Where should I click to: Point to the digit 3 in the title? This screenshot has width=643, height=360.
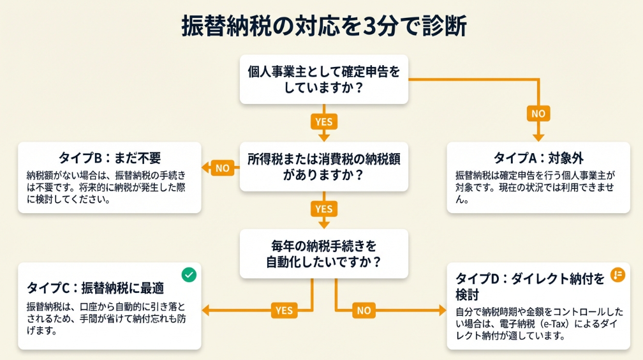pyautogui.click(x=374, y=27)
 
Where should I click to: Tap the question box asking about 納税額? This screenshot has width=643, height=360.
pyautogui.click(x=323, y=167)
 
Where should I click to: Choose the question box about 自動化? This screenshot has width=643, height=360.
pyautogui.click(x=323, y=253)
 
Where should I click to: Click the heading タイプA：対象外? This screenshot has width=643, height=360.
pyautogui.click(x=538, y=158)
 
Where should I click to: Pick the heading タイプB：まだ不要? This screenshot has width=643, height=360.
pyautogui.click(x=110, y=158)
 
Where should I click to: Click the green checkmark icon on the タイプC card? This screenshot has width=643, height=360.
pyautogui.click(x=189, y=274)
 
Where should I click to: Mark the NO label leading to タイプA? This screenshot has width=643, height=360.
pyautogui.click(x=538, y=114)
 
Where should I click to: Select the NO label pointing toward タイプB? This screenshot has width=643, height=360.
pyautogui.click(x=222, y=169)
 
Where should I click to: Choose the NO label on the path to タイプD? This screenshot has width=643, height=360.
pyautogui.click(x=364, y=311)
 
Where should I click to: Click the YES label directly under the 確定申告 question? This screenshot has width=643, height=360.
pyautogui.click(x=323, y=121)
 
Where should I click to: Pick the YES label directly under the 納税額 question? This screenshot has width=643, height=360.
pyautogui.click(x=323, y=209)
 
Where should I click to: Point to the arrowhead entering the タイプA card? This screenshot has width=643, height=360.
pyautogui.click(x=538, y=136)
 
